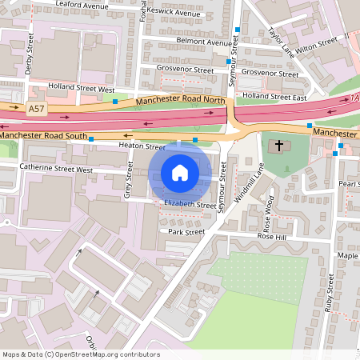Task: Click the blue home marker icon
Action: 180,172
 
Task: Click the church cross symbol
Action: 279,146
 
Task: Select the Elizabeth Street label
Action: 190,205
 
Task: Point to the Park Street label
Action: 186,232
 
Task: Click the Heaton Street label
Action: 141,147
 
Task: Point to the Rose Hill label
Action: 271,237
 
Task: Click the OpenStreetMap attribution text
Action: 81,354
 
